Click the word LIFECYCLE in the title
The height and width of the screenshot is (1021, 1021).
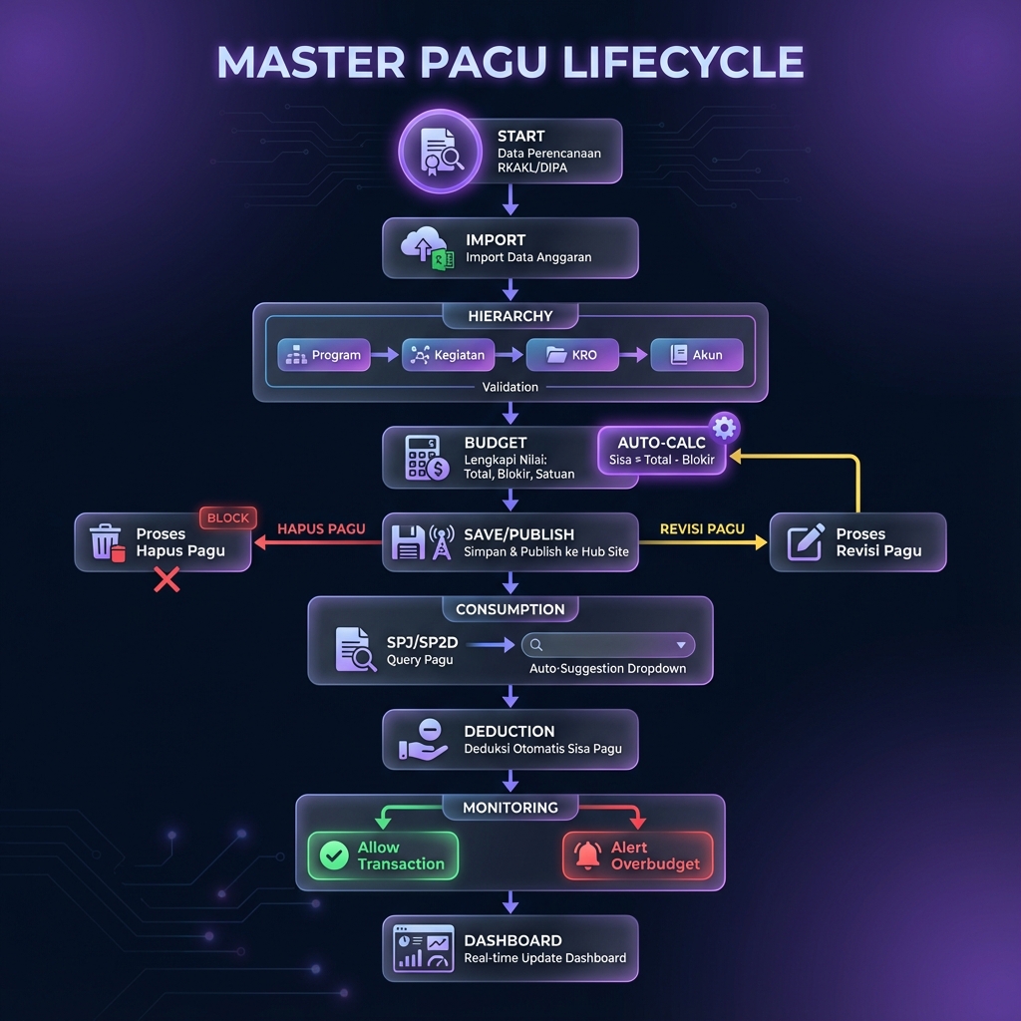(683, 62)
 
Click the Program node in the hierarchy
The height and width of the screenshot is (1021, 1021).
(323, 355)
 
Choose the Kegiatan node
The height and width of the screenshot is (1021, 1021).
(448, 355)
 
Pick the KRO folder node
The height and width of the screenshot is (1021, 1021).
(571, 355)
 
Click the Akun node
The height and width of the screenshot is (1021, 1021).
(696, 355)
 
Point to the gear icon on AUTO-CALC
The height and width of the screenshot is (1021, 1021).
(724, 428)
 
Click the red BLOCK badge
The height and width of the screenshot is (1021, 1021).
(228, 518)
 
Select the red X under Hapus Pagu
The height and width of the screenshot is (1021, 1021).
(167, 580)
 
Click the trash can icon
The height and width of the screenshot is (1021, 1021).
(106, 542)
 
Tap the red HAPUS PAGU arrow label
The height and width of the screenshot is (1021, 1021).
(321, 528)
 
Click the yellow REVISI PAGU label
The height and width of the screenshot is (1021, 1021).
(702, 528)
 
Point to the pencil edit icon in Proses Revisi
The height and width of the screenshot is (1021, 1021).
(806, 541)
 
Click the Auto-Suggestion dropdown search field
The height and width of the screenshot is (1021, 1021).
(608, 645)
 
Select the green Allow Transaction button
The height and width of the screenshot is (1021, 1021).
(383, 855)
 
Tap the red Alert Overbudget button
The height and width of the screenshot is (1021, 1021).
(638, 855)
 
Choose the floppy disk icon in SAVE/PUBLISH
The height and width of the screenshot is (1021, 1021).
(409, 542)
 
